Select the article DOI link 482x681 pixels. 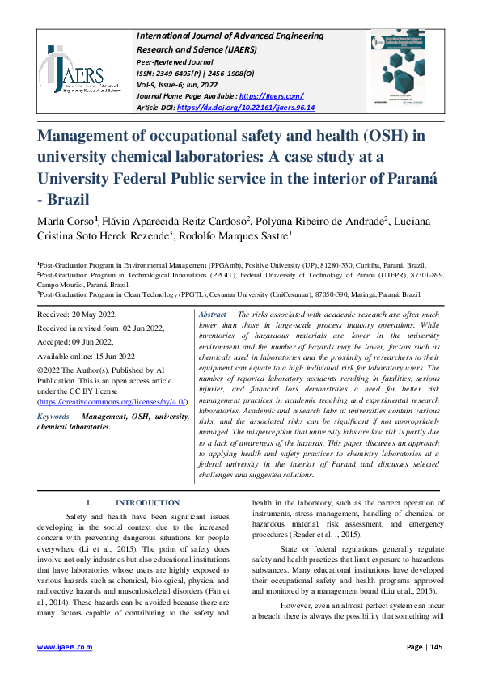245,107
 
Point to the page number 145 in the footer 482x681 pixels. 434,647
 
